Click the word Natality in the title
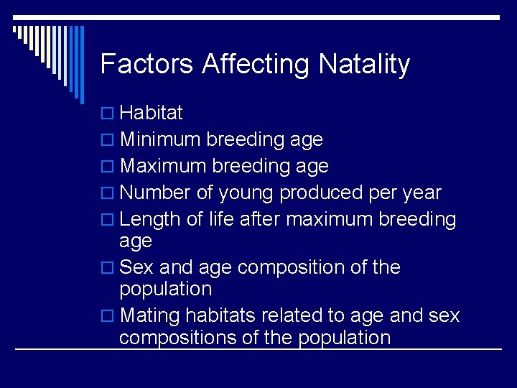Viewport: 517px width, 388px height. tap(364, 64)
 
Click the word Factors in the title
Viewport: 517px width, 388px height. tap(147, 64)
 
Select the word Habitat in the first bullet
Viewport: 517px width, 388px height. tap(152, 113)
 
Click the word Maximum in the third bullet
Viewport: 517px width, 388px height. tap(163, 166)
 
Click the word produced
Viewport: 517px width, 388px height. tap(321, 193)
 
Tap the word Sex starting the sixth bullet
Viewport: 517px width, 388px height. tap(136, 267)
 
